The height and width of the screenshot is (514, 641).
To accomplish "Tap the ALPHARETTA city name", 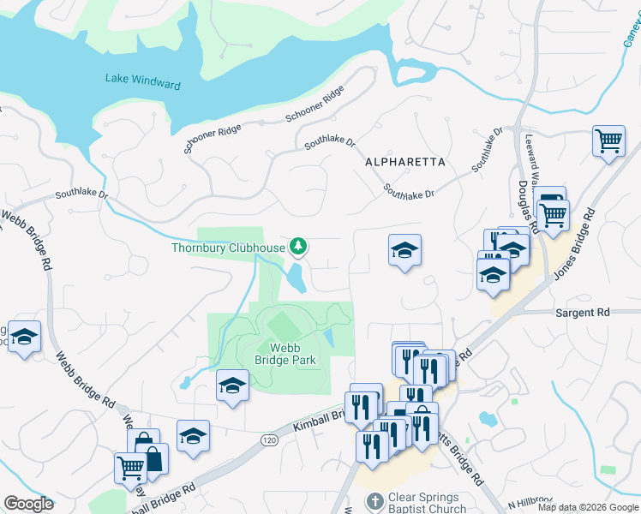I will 405,161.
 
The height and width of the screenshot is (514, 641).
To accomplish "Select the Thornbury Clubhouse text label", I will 227,248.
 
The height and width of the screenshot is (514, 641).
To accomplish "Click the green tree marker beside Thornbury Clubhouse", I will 298,248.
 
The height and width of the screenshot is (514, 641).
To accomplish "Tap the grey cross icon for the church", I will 374,501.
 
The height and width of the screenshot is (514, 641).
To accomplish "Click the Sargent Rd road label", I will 582,313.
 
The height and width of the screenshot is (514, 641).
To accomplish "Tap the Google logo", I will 28,504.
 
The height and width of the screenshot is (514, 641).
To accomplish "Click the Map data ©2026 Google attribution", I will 588,507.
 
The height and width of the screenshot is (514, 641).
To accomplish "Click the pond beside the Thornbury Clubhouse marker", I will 297,278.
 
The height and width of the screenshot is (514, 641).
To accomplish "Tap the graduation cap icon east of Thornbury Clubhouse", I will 404,251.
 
